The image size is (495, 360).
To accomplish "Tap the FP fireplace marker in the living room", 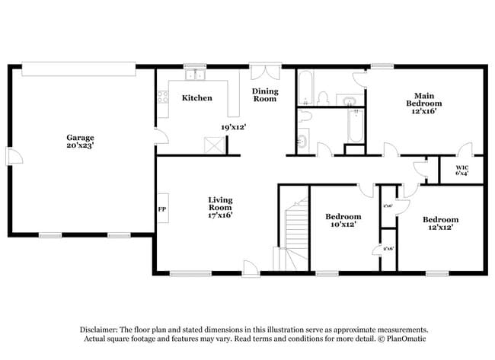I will (x=161, y=209).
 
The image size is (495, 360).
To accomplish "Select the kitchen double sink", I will (x=196, y=75).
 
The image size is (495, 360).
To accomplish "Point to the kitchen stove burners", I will (x=161, y=96).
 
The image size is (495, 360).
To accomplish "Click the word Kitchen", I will (x=196, y=98).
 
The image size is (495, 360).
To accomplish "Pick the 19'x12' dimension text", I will (x=233, y=127).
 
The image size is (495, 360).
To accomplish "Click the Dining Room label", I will (x=265, y=95).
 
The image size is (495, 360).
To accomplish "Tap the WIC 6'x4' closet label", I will (x=462, y=170).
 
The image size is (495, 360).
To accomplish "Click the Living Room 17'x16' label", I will (x=220, y=207).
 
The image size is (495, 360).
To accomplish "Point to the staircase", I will (x=293, y=228).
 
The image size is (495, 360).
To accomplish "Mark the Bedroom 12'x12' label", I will (x=441, y=224).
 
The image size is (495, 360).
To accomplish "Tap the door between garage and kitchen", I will (x=158, y=137).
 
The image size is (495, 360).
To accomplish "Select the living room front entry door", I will (x=251, y=268).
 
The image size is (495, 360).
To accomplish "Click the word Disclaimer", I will (x=101, y=330).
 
